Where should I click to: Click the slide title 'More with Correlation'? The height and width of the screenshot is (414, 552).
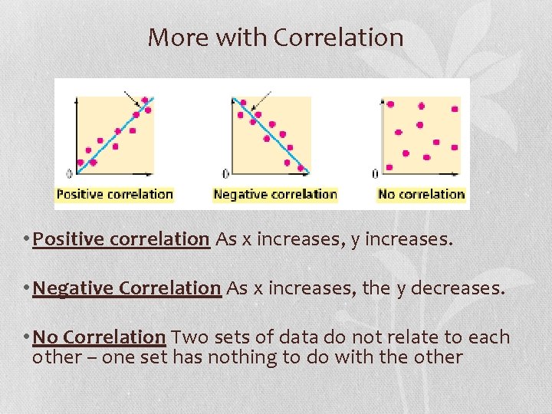tap(275, 37)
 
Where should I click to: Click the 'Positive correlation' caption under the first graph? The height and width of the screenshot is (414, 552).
tap(115, 194)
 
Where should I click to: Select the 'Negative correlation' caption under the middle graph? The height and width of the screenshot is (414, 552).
tap(275, 194)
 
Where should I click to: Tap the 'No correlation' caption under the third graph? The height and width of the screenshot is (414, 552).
tap(422, 194)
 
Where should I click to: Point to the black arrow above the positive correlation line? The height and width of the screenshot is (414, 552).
tap(132, 97)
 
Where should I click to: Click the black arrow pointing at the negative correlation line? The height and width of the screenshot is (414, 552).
tap(261, 98)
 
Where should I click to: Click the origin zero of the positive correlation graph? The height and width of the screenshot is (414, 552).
tap(70, 173)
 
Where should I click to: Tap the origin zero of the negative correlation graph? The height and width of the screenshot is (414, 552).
tap(225, 173)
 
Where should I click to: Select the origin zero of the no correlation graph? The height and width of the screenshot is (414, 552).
tap(375, 173)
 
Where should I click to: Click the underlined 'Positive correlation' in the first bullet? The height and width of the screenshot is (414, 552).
tap(121, 239)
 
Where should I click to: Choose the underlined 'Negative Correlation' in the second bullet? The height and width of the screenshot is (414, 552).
tap(127, 288)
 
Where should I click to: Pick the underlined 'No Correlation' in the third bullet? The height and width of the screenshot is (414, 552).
tap(100, 337)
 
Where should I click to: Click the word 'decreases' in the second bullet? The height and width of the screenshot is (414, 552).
tap(459, 288)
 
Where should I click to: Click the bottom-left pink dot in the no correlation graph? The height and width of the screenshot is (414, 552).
tap(389, 166)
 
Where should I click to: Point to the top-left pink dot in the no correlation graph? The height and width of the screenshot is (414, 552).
tap(391, 104)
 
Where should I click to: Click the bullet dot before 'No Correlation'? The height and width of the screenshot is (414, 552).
tap(28, 337)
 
